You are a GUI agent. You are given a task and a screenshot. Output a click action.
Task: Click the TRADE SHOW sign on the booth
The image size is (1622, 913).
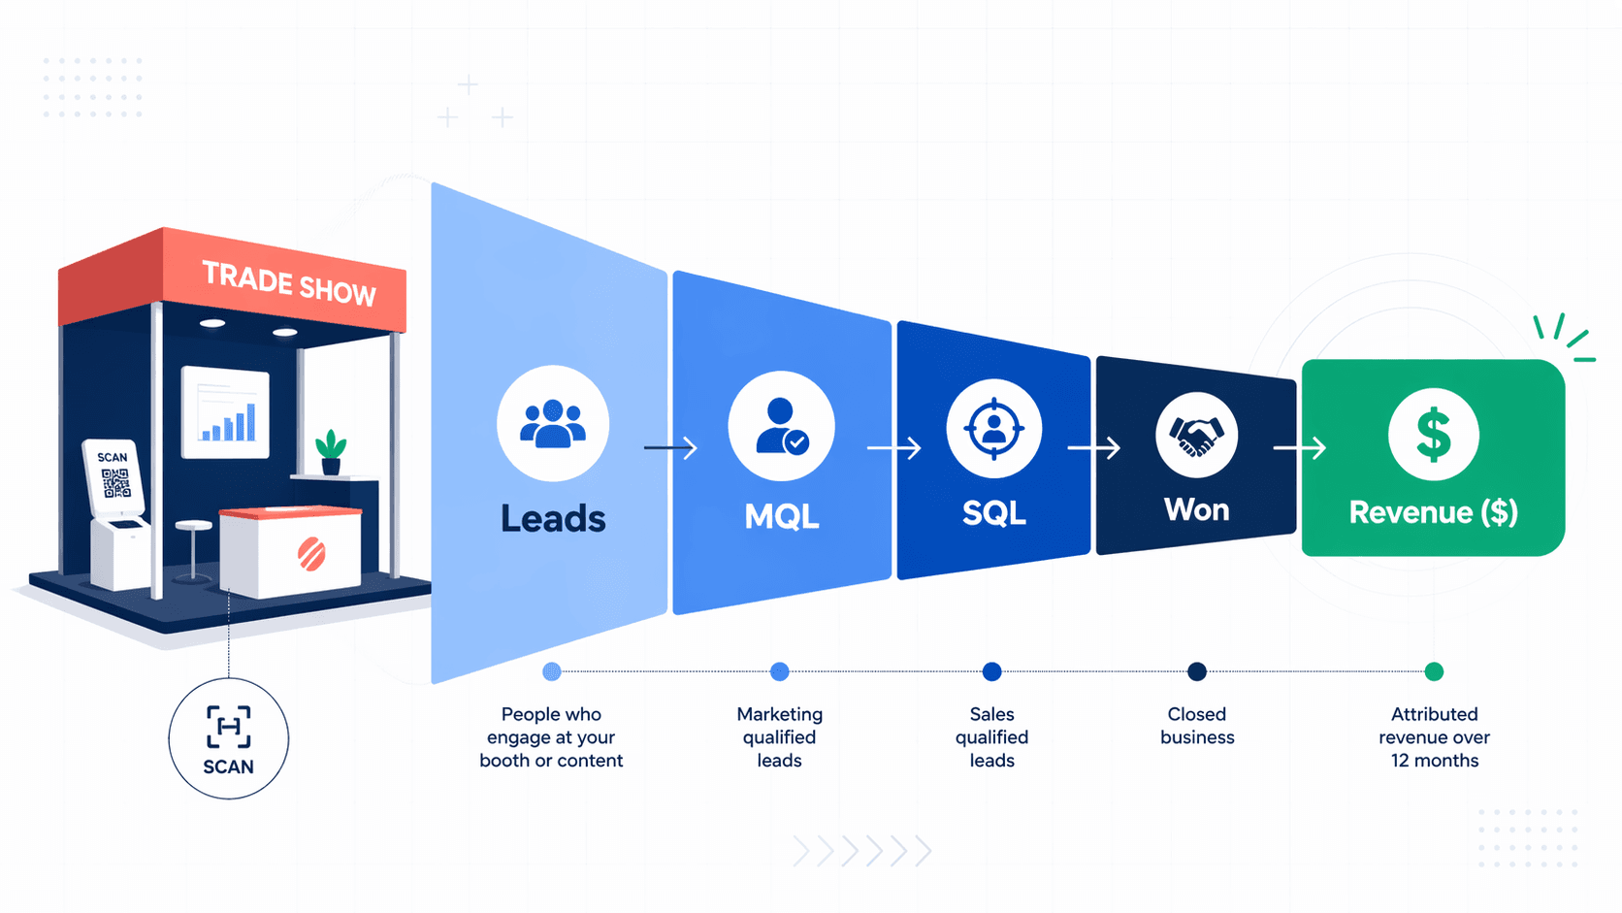288,282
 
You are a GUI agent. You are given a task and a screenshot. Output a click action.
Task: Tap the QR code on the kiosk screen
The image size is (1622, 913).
115,482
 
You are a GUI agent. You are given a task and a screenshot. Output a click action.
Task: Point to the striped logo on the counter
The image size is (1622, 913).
311,554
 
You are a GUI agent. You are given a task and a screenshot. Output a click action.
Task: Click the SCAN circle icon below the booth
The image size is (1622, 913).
229,739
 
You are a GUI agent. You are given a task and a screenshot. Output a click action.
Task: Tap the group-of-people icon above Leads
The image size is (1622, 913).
553,423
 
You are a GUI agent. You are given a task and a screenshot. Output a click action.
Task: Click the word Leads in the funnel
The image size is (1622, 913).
553,519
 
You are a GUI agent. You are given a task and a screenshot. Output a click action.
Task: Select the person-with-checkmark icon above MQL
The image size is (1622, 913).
781,426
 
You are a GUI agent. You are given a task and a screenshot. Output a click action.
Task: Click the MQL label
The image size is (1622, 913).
781,516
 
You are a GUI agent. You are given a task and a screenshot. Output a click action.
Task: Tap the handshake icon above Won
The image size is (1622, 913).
1196,435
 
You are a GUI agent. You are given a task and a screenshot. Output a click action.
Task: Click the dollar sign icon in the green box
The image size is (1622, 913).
1433,435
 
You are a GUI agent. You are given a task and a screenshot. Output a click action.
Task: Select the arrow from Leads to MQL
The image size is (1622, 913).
670,447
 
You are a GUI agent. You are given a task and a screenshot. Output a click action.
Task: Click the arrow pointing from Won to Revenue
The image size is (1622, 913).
1299,447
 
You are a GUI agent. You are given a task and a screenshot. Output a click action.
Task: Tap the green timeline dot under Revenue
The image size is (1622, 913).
1434,671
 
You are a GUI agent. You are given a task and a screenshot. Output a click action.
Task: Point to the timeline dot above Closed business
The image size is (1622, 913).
1197,671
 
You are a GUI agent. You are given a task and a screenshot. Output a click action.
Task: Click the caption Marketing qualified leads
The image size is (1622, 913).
779,737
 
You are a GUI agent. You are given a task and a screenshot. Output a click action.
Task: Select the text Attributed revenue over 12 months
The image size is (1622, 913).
1434,737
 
